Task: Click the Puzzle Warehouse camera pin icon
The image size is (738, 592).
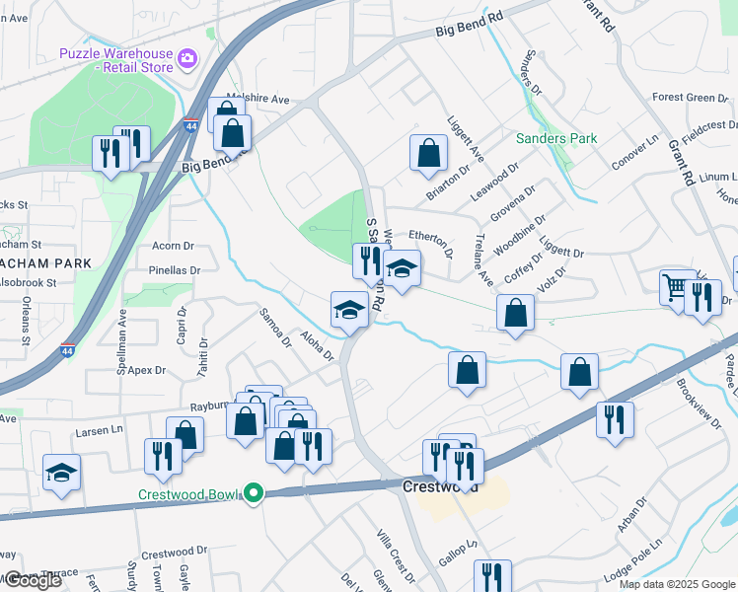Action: coord(187,61)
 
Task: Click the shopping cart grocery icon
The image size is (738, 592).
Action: coord(676,288)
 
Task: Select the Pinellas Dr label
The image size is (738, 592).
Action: coord(174,269)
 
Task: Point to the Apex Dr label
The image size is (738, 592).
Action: coord(145,370)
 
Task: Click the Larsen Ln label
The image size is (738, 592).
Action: coord(103,430)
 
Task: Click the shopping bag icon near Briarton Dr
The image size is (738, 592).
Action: coord(428,153)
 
